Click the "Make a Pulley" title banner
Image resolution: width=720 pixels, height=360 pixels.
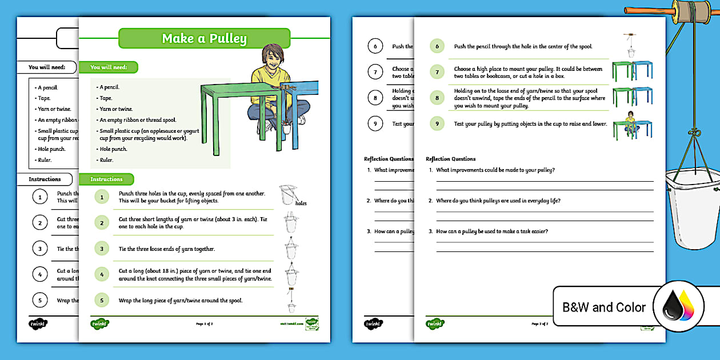pos(204,38)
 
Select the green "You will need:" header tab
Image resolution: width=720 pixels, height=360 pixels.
pos(108,67)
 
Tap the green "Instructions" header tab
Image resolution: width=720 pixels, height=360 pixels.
pos(106,179)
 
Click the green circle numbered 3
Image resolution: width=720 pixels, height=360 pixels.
pos(101,249)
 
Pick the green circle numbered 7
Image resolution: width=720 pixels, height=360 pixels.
pos(437,72)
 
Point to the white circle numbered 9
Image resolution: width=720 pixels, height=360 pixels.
pos(375,123)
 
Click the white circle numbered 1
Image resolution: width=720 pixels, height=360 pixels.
pos(39,197)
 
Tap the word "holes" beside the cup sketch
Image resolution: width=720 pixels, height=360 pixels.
pos(301,203)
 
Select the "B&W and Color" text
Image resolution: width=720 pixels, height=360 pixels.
pos(604,307)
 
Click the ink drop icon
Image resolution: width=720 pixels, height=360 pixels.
pos(678,306)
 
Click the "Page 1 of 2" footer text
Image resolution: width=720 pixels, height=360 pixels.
pos(204,324)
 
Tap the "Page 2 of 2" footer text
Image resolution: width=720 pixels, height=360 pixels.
pos(539,324)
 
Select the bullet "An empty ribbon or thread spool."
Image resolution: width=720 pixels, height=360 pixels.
pos(138,120)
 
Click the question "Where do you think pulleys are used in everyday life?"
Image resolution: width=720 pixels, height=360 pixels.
pos(498,201)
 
